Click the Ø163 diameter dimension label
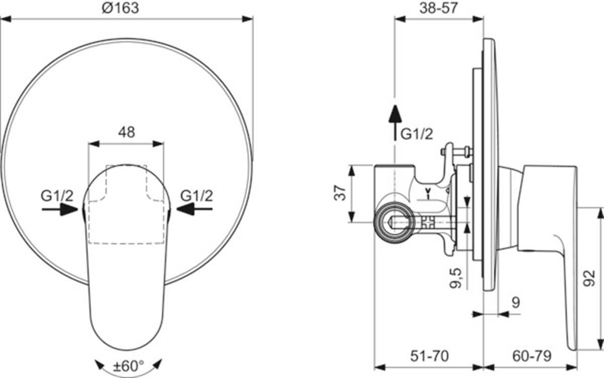[120, 8]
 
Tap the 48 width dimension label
[127, 132]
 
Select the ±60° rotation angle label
[128, 366]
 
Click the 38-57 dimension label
[439, 8]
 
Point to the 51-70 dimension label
[429, 356]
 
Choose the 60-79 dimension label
[532, 356]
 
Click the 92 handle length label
[589, 278]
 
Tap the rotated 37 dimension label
[340, 193]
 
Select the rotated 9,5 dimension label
[456, 278]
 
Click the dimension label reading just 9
[515, 302]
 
